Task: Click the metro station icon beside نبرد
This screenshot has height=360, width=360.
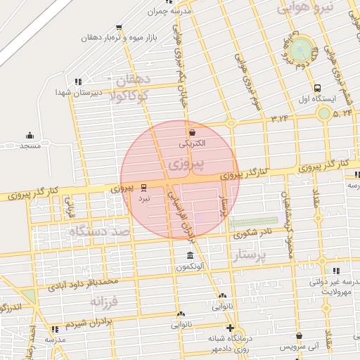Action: [x=144, y=187]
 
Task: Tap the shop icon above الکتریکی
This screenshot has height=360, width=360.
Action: [x=193, y=131]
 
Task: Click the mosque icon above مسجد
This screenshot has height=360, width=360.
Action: [x=30, y=135]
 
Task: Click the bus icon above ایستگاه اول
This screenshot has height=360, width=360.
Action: [x=318, y=89]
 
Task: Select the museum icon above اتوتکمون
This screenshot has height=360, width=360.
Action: [x=190, y=255]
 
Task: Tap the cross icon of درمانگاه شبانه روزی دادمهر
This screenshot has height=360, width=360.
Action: [x=230, y=328]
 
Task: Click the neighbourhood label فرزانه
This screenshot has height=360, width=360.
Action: [x=106, y=301]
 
